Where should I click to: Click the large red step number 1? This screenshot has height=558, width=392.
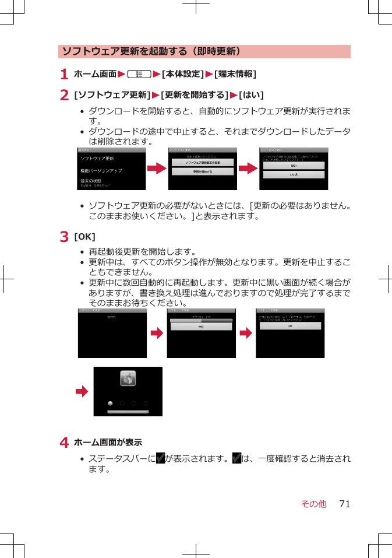64,75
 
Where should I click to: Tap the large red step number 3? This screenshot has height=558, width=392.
64,237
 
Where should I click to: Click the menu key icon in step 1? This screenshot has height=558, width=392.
139,74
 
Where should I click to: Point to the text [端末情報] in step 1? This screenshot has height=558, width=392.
235,74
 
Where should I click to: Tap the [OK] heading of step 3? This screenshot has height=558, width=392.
85,237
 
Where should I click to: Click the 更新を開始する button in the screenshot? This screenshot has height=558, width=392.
202,172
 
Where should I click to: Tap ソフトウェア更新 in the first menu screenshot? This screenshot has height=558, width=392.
97,159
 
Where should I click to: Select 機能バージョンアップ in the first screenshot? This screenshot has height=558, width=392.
101,170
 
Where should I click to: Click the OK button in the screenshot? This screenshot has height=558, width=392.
290,326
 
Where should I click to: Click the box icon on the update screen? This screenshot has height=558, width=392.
128,378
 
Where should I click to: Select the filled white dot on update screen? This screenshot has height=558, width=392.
110,403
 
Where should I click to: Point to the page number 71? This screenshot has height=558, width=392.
344,504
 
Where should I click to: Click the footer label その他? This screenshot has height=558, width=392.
313,504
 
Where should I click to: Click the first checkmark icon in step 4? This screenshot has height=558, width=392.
160,459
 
